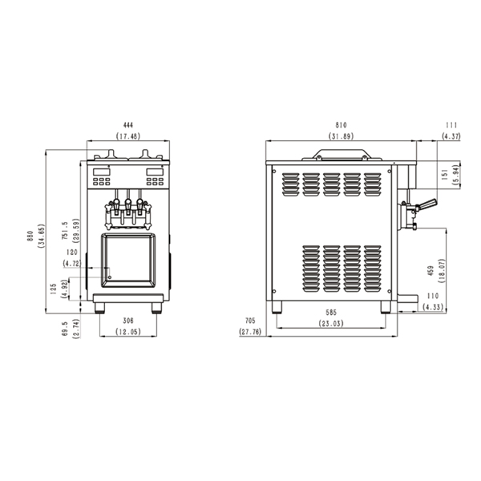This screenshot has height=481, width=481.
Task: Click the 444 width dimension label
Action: point(128,125)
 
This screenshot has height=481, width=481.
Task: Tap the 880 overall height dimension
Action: point(30,236)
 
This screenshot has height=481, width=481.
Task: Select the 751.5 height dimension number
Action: point(64,230)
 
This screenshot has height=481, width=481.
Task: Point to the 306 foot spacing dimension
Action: point(128,321)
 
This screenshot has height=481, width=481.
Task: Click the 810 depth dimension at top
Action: point(341,125)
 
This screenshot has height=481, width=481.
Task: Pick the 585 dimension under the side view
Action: point(331,313)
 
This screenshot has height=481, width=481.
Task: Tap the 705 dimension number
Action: point(250,321)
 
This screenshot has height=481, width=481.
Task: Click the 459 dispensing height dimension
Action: point(430,270)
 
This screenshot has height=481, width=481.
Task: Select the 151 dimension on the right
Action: point(446,175)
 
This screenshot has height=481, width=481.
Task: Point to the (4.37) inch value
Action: point(451,136)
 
